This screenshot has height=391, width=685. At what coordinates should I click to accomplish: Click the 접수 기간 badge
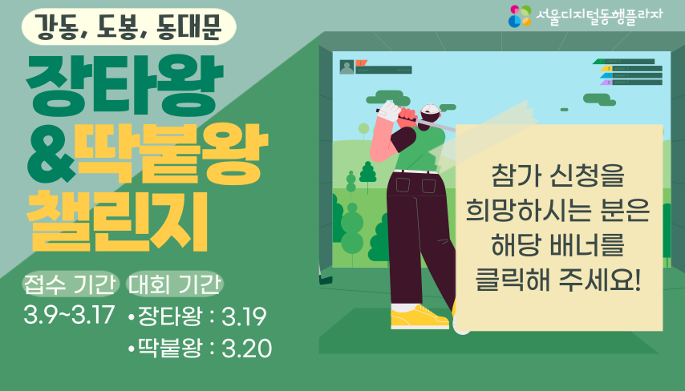click(x=71, y=284)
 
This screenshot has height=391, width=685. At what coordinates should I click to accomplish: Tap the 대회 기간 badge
click(x=175, y=284)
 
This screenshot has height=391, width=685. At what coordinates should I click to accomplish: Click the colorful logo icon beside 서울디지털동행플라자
click(x=520, y=15)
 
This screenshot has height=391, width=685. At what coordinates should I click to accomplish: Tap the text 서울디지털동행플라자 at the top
click(x=598, y=16)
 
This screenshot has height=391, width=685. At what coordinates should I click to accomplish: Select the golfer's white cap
click(x=431, y=110)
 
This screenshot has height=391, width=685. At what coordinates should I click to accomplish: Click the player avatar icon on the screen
click(x=347, y=67)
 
